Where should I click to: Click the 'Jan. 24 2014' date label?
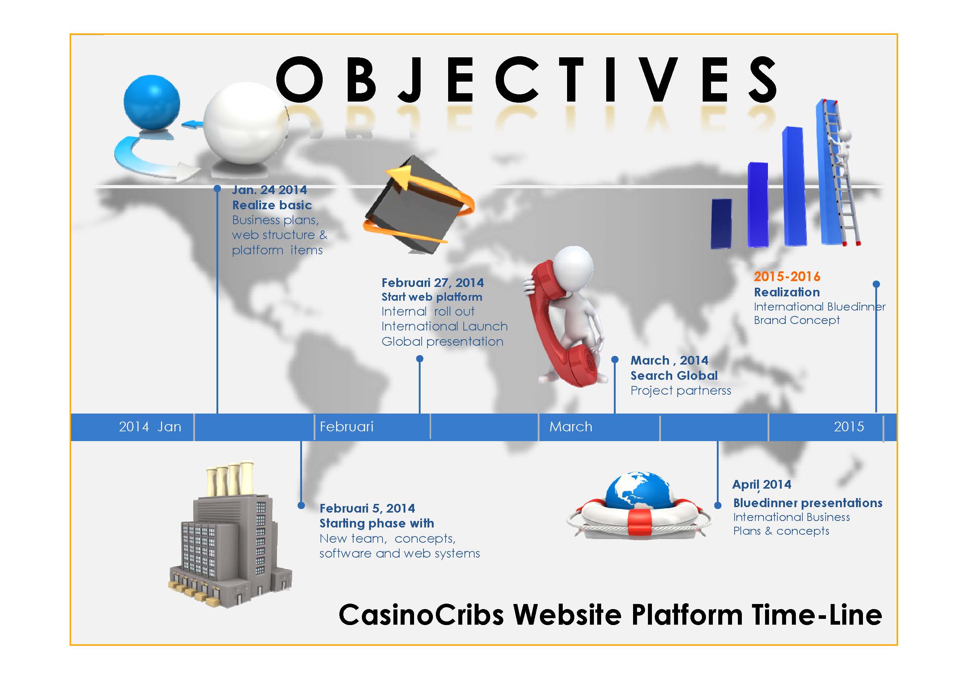tap(269, 190)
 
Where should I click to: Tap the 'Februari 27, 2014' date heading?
tap(433, 283)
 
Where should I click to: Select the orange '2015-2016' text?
tap(787, 276)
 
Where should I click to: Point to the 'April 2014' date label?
tap(761, 485)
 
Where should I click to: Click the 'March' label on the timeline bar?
tap(571, 427)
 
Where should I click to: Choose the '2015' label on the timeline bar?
tap(849, 427)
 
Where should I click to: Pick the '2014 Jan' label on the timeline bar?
tap(150, 427)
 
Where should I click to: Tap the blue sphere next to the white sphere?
tap(152, 102)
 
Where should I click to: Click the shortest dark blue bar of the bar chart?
tap(722, 224)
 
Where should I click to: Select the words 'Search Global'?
tap(674, 375)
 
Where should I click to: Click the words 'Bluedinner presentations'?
tap(808, 503)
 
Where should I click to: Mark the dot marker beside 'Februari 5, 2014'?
tap(301, 505)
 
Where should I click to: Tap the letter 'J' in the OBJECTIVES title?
tap(410, 79)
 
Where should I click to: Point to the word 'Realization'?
tap(787, 292)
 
